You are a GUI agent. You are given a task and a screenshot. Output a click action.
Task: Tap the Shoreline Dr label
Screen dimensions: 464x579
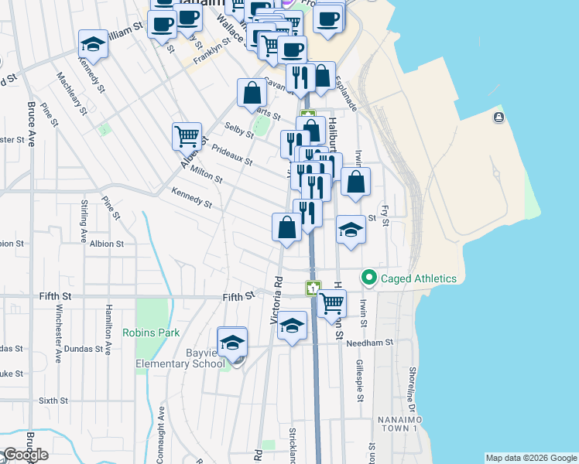click(x=413, y=387)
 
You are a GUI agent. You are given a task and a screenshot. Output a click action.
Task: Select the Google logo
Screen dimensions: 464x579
click(x=26, y=454)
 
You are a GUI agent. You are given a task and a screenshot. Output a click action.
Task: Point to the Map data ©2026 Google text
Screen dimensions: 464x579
click(x=530, y=458)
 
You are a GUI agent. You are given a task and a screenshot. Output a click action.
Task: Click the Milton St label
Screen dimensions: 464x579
click(x=206, y=176)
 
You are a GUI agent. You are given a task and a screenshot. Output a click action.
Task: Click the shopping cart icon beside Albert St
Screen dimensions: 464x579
click(x=187, y=137)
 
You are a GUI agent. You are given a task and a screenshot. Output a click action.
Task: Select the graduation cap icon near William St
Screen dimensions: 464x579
click(x=93, y=44)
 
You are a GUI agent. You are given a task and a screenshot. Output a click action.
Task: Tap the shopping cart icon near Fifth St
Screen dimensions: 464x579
click(x=331, y=303)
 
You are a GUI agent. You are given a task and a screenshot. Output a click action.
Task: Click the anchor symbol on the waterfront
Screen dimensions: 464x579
click(x=498, y=118)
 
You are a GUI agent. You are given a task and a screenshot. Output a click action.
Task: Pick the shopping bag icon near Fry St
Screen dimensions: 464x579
click(x=356, y=182)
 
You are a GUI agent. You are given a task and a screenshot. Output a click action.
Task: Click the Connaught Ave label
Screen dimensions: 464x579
click(x=161, y=433)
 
